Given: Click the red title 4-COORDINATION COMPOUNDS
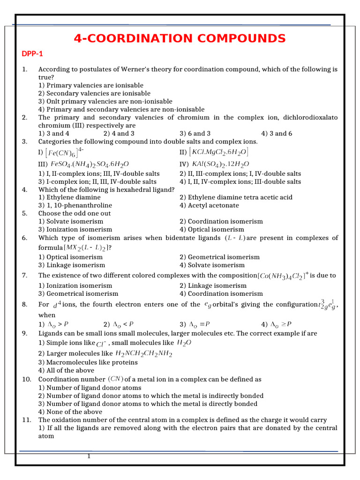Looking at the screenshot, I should pos(180,38).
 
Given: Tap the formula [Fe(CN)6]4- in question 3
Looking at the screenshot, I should pos(66,152).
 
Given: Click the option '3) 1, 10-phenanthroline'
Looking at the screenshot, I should pos(75,205).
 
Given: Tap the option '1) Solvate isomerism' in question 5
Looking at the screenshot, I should pos(71,221).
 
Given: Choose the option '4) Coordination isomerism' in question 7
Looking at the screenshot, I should pos(221,293).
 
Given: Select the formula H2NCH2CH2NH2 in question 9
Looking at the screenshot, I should pos(144,353).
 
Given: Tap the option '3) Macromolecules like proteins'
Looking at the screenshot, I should pos(88,362).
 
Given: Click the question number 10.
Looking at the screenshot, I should pos(26,379).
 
